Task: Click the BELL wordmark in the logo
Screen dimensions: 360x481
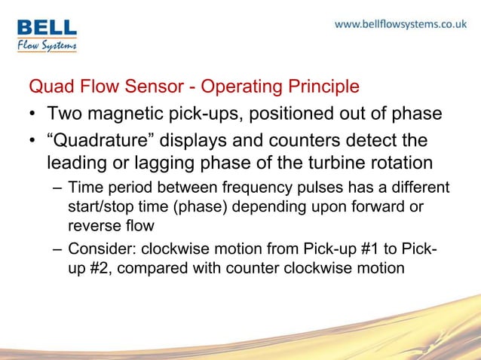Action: point(47,28)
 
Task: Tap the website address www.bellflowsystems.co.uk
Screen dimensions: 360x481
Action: point(400,24)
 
